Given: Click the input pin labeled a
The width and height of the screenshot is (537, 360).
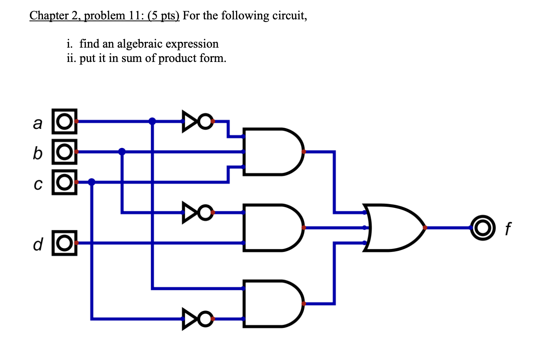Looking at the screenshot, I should tap(65, 122).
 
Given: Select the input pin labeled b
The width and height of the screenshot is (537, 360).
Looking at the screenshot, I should tap(65, 152).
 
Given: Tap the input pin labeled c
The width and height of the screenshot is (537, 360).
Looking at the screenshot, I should tap(65, 182).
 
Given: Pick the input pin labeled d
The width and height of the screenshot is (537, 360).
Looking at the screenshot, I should tap(65, 243).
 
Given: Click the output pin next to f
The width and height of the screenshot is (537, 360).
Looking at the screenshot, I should tap(483, 228).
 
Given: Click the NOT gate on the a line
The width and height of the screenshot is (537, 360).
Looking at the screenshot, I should tap(197, 122).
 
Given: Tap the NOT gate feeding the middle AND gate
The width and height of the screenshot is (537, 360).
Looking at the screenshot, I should tap(197, 213).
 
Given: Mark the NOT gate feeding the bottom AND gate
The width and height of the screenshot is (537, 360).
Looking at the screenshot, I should tap(197, 319).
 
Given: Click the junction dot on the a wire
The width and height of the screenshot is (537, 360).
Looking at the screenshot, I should tap(152, 121).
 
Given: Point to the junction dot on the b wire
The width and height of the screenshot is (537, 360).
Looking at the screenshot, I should tap(122, 151).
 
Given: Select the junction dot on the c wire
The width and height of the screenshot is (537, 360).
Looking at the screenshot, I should tap(92, 182).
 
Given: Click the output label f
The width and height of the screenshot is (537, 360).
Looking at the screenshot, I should tap(508, 229).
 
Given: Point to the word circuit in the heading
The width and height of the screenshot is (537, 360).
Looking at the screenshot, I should tap(289, 15).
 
